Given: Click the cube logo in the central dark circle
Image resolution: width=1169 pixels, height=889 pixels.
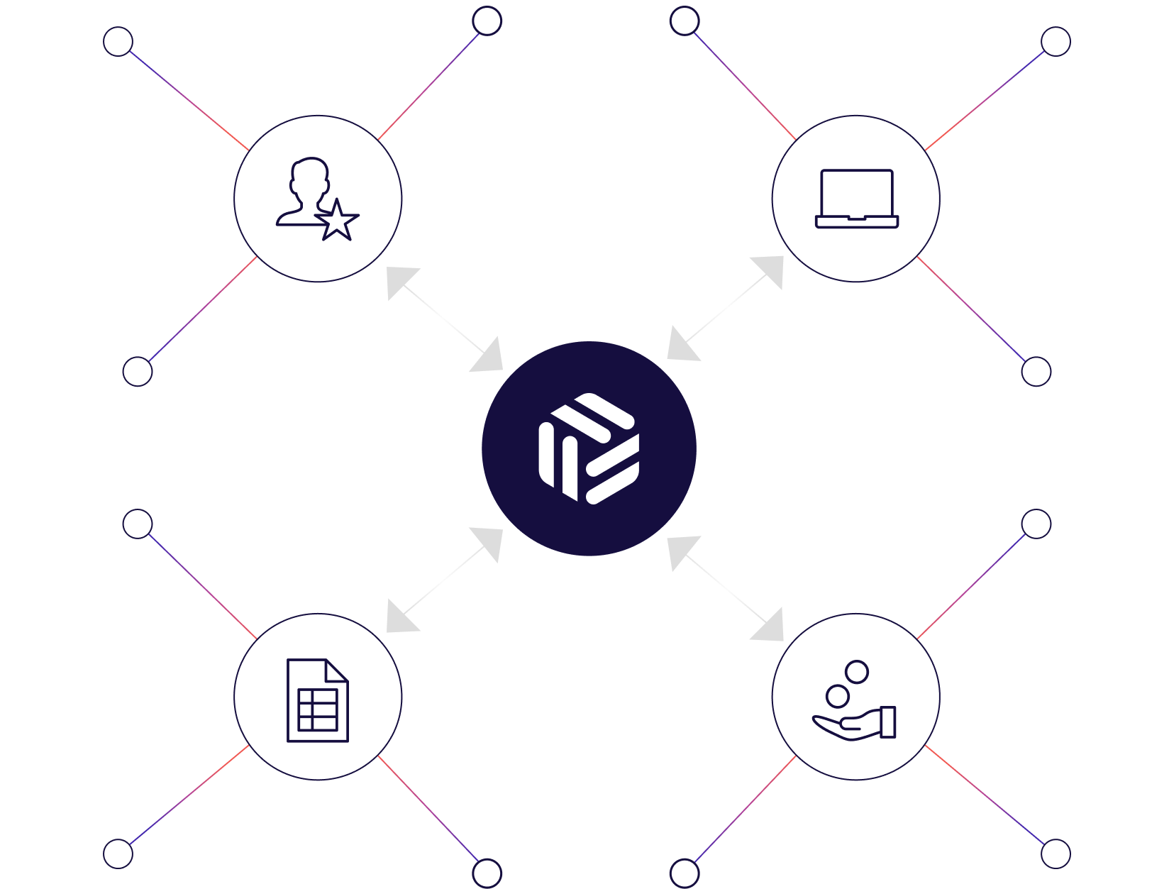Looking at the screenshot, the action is (589, 448).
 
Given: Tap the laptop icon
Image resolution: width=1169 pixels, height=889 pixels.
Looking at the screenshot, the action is (856, 199).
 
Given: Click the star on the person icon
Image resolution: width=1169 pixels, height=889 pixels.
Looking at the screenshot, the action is (337, 221).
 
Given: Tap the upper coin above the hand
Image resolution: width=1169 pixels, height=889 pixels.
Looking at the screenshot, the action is (857, 671).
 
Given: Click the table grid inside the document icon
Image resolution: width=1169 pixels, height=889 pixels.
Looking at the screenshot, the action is (318, 709).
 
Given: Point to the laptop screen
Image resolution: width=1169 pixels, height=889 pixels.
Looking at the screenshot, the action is (856, 192).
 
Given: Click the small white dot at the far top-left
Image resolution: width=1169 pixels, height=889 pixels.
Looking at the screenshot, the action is (118, 42).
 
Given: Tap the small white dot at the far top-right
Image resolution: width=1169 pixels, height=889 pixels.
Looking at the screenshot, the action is (1056, 42).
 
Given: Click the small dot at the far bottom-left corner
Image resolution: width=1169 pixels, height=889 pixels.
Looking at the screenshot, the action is (118, 854).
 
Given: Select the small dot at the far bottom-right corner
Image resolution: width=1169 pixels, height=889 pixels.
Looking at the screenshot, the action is (1056, 854).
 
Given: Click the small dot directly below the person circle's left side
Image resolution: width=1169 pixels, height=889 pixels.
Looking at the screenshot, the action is (138, 371).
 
